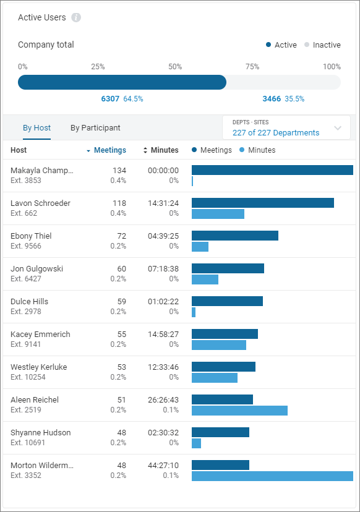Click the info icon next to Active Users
pos(76,17)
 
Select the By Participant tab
pos(95,128)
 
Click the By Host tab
pos(36,128)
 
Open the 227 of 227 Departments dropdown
pos(286,128)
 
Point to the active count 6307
pos(111,99)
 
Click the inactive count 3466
pos(272,99)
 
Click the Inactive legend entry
pos(326,45)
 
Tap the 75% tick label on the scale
pos(252,67)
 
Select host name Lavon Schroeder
pos(40,203)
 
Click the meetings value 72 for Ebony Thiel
pos(119,236)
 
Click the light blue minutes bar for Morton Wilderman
pos(272,476)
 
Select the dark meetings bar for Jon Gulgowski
pos(228,268)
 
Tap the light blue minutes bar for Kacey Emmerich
pos(219,345)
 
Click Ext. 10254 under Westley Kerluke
pos(28,377)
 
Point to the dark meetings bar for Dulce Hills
pos(227,301)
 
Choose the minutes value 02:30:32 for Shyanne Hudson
pos(163,433)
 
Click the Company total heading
pos(46,45)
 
